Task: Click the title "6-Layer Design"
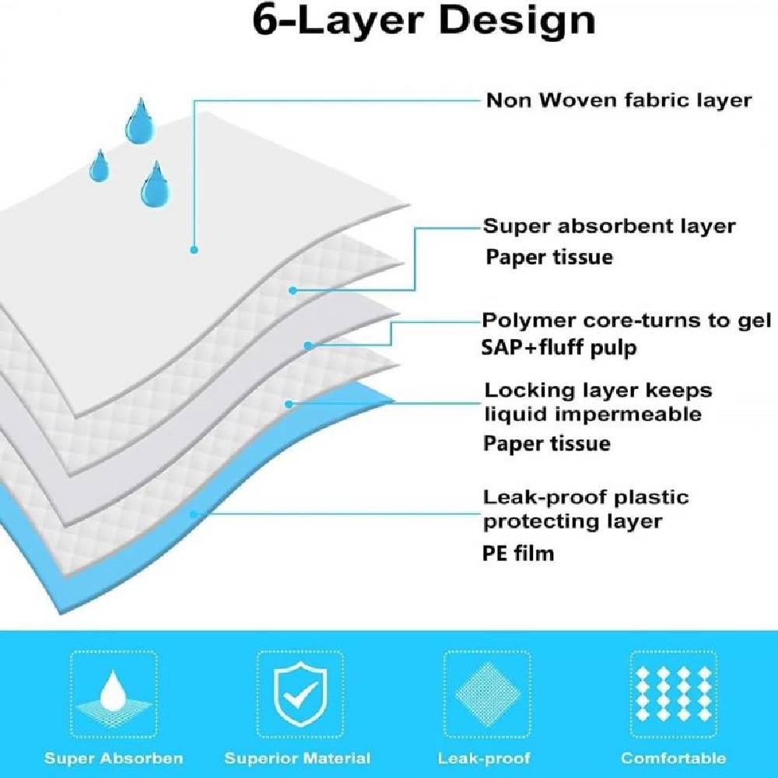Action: [x=424, y=21]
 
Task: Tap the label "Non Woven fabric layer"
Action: [x=619, y=100]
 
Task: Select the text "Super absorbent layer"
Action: [x=609, y=226]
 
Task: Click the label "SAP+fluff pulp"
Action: [x=559, y=347]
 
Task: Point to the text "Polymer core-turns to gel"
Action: [x=626, y=321]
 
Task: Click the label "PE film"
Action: [x=518, y=553]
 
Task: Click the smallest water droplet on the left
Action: [x=100, y=166]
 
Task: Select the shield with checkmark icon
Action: [x=300, y=695]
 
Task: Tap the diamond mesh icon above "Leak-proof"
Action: [x=487, y=695]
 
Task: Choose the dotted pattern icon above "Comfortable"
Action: [x=673, y=694]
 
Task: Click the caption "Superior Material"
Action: [x=297, y=759]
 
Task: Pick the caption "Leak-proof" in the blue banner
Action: [x=484, y=759]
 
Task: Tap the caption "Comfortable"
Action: [x=673, y=758]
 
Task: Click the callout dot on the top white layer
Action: [x=194, y=250]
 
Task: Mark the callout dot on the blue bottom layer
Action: [x=194, y=514]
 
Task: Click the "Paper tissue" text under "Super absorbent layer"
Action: [x=549, y=257]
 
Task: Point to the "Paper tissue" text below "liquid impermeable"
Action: [x=547, y=443]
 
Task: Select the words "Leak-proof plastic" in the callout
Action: [x=586, y=497]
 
